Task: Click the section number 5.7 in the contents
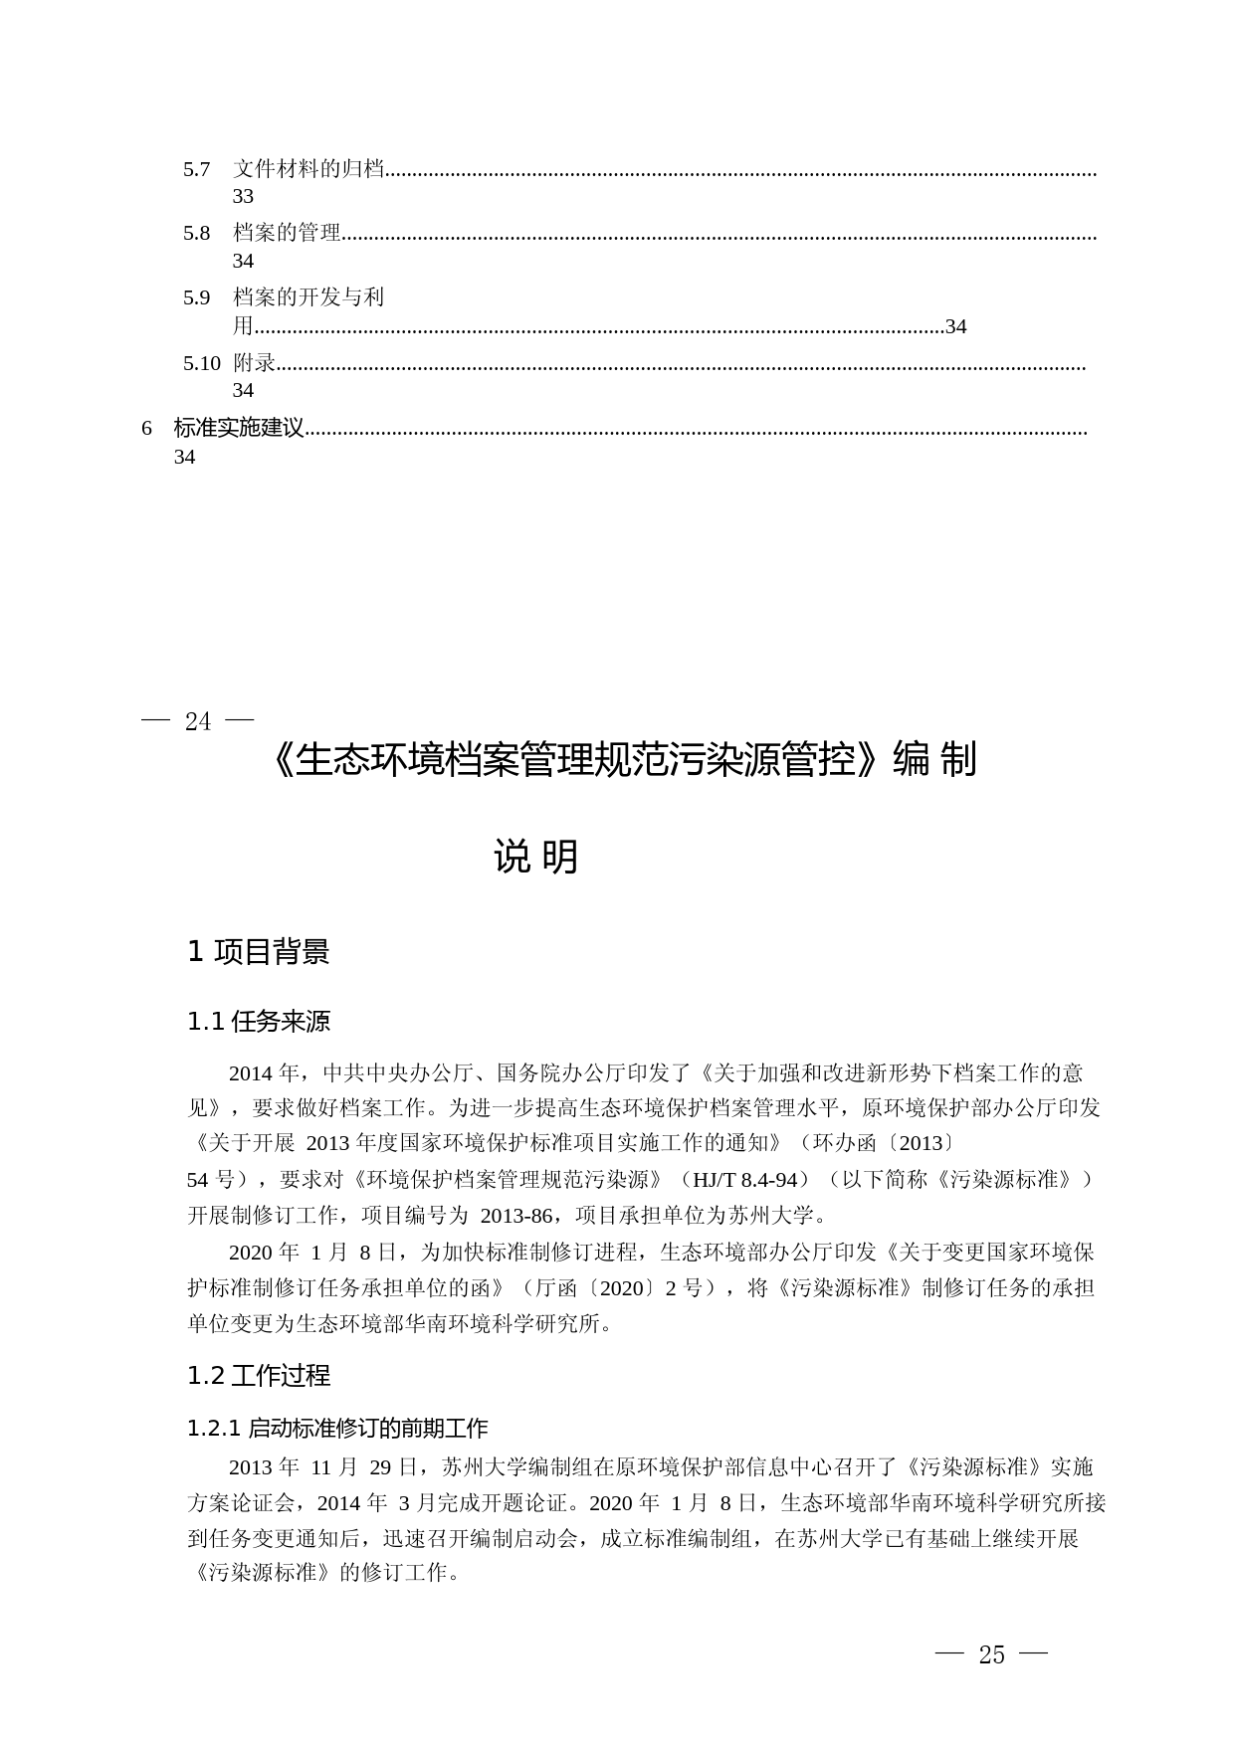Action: (196, 170)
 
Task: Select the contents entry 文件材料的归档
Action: (308, 170)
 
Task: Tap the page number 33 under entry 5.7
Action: (243, 197)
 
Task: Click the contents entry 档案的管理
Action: (287, 234)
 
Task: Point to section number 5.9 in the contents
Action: (196, 297)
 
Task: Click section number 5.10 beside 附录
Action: (201, 363)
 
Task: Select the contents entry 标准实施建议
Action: (238, 429)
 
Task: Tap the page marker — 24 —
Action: (198, 721)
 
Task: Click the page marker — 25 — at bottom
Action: (992, 1654)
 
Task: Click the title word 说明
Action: (535, 857)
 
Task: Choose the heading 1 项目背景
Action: (258, 952)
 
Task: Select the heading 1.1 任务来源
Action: (258, 1022)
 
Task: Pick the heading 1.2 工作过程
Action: (258, 1376)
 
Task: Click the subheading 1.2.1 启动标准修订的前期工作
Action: (337, 1429)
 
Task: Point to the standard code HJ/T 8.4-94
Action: (745, 1180)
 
